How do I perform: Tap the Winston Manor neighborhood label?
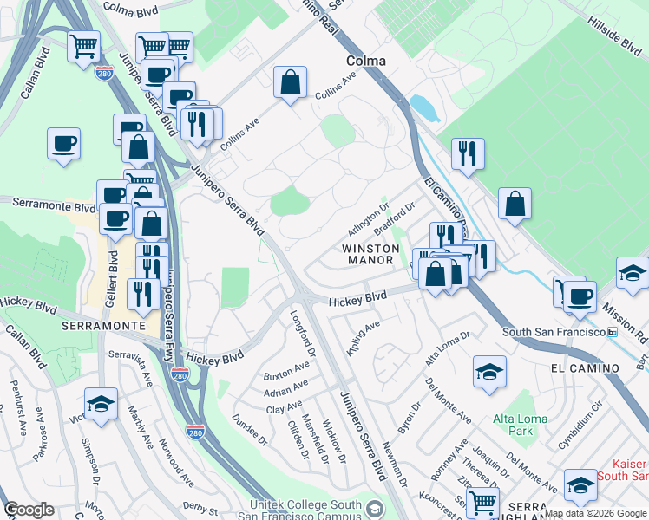coord(370,254)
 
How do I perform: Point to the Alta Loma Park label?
coord(521,425)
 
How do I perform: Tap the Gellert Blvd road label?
coord(112,270)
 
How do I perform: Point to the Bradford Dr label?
coord(396,218)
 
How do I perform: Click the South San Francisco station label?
coord(554,333)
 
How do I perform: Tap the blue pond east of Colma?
coord(423,107)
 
